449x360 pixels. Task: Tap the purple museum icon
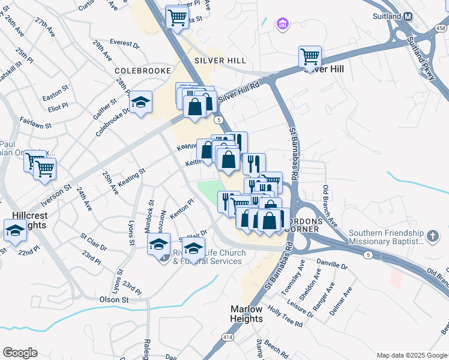282,24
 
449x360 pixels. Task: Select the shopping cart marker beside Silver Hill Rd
310,58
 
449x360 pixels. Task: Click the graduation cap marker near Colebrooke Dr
141,102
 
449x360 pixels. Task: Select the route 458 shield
441,28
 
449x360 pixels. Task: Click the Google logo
20,352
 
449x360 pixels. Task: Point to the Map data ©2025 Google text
412,355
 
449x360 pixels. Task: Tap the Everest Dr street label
124,45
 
